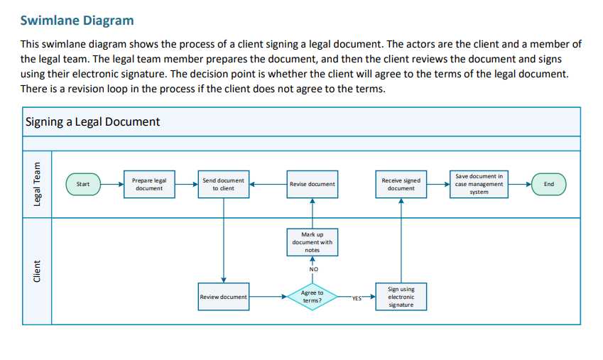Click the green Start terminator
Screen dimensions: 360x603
point(83,184)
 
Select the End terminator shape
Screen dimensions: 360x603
point(548,184)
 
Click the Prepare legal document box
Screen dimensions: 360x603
point(149,184)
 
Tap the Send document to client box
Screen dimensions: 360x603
point(224,184)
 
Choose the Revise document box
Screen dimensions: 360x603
point(313,184)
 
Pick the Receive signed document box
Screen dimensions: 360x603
point(401,184)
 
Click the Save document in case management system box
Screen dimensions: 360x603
point(479,184)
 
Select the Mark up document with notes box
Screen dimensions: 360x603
point(313,242)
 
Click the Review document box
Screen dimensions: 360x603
point(224,297)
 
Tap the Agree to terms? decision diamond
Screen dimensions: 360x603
point(313,297)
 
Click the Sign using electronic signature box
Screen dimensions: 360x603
point(401,297)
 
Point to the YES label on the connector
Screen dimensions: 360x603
point(357,298)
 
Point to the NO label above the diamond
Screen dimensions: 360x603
point(313,269)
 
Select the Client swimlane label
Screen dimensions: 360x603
point(38,272)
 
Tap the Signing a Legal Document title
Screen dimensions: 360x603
point(92,121)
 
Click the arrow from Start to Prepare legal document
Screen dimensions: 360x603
point(112,184)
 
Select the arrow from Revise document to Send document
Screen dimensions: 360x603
point(268,184)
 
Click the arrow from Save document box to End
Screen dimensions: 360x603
point(520,184)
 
